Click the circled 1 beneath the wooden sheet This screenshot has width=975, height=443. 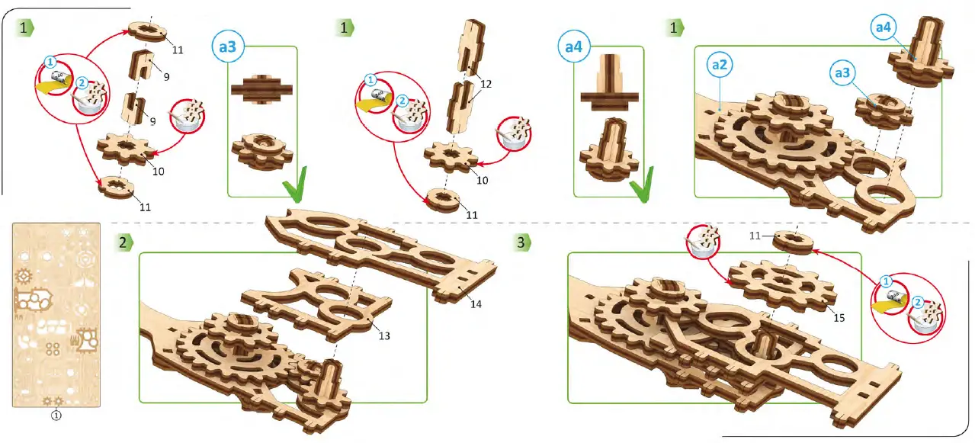tap(56, 416)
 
